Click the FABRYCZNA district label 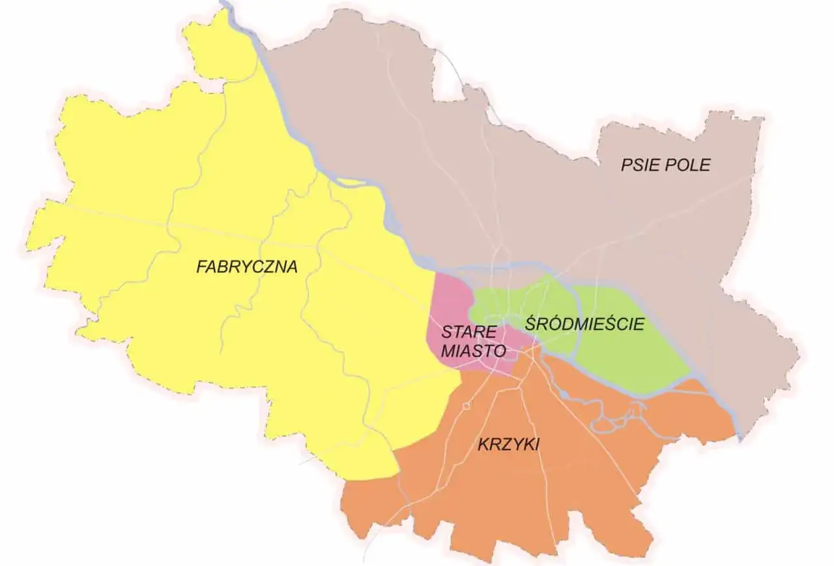pyautogui.click(x=247, y=266)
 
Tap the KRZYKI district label pyautogui.click(x=509, y=444)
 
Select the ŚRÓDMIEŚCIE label pyautogui.click(x=584, y=324)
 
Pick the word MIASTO pyautogui.click(x=474, y=350)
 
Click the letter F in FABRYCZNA pyautogui.click(x=201, y=266)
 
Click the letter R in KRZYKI pyautogui.click(x=495, y=444)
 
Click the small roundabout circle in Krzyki pyautogui.click(x=467, y=406)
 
